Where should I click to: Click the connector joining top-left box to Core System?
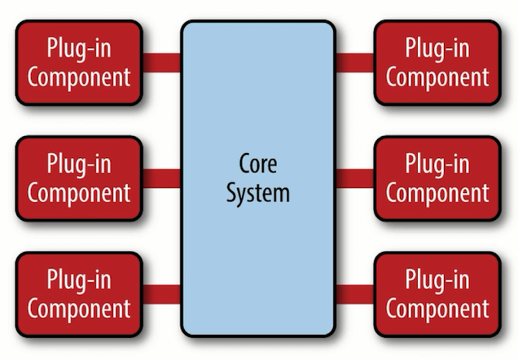pos(161,63)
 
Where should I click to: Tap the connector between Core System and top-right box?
pos(354,63)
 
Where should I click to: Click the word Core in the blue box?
pos(258,165)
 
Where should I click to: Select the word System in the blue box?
pos(258,194)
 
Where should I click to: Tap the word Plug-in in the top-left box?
pos(79,48)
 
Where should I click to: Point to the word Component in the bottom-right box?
pos(437,309)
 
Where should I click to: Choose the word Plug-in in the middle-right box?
pos(437,164)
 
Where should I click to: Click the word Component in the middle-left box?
pos(79,193)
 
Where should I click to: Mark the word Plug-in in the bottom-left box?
pos(79,279)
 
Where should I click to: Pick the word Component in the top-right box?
pos(437,77)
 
